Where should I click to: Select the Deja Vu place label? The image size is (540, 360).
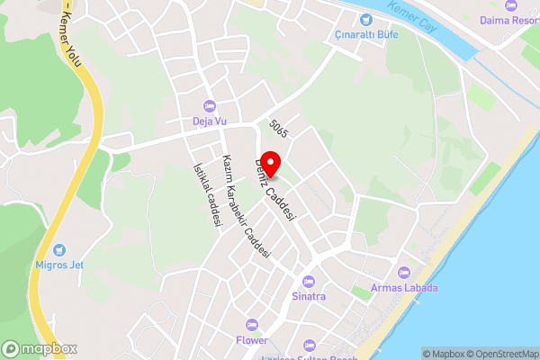click(209, 121)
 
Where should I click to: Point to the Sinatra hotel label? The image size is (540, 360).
click(309, 295)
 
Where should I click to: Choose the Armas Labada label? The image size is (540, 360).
click(404, 288)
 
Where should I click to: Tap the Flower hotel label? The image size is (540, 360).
click(252, 340)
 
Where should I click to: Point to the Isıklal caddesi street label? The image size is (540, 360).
click(206, 198)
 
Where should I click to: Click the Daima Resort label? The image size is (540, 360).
click(509, 19)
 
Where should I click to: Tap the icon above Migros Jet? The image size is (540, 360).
click(59, 248)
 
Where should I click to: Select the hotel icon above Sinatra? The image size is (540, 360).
click(309, 281)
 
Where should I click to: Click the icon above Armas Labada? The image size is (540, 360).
click(404, 273)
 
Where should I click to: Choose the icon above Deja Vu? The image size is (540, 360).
click(209, 106)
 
